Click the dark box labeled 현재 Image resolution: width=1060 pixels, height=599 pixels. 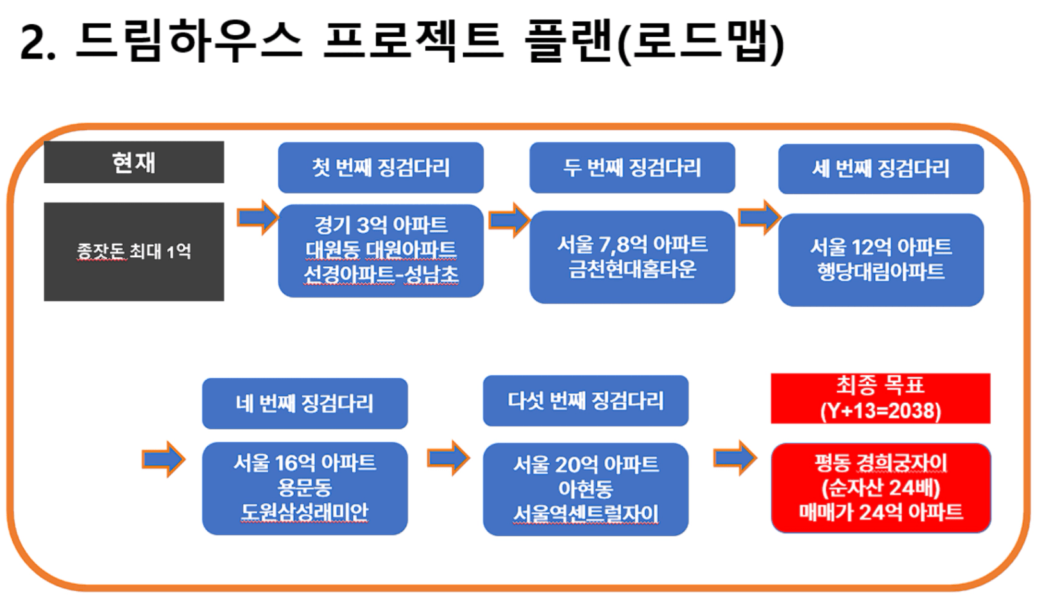click(134, 162)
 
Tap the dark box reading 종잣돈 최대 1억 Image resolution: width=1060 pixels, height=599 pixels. click(134, 251)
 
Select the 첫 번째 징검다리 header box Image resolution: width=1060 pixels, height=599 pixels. click(381, 167)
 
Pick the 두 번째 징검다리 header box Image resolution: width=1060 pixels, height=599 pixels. click(632, 167)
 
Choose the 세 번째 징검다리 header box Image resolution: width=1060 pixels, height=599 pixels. click(881, 169)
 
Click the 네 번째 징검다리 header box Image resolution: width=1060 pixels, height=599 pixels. click(305, 403)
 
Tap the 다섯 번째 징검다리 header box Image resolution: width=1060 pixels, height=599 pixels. click(586, 401)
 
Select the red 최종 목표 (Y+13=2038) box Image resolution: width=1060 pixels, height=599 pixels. click(880, 398)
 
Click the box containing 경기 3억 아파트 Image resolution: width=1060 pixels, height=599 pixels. click(381, 251)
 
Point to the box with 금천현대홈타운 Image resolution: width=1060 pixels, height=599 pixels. click(632, 257)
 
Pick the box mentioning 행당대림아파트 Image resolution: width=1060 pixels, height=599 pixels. click(881, 260)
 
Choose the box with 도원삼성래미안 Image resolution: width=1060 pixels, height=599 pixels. click(305, 488)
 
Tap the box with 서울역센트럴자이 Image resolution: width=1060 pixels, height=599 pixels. click(586, 489)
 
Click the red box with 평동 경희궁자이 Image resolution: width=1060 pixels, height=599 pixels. click(881, 488)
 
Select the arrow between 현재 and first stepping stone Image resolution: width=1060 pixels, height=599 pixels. click(258, 217)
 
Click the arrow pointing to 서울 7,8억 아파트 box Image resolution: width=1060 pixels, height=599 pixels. click(509, 220)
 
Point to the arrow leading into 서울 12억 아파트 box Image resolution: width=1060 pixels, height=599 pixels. click(760, 217)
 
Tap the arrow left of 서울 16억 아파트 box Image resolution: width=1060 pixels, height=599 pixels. click(164, 459)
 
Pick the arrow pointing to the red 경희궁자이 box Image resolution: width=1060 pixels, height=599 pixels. click(735, 457)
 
